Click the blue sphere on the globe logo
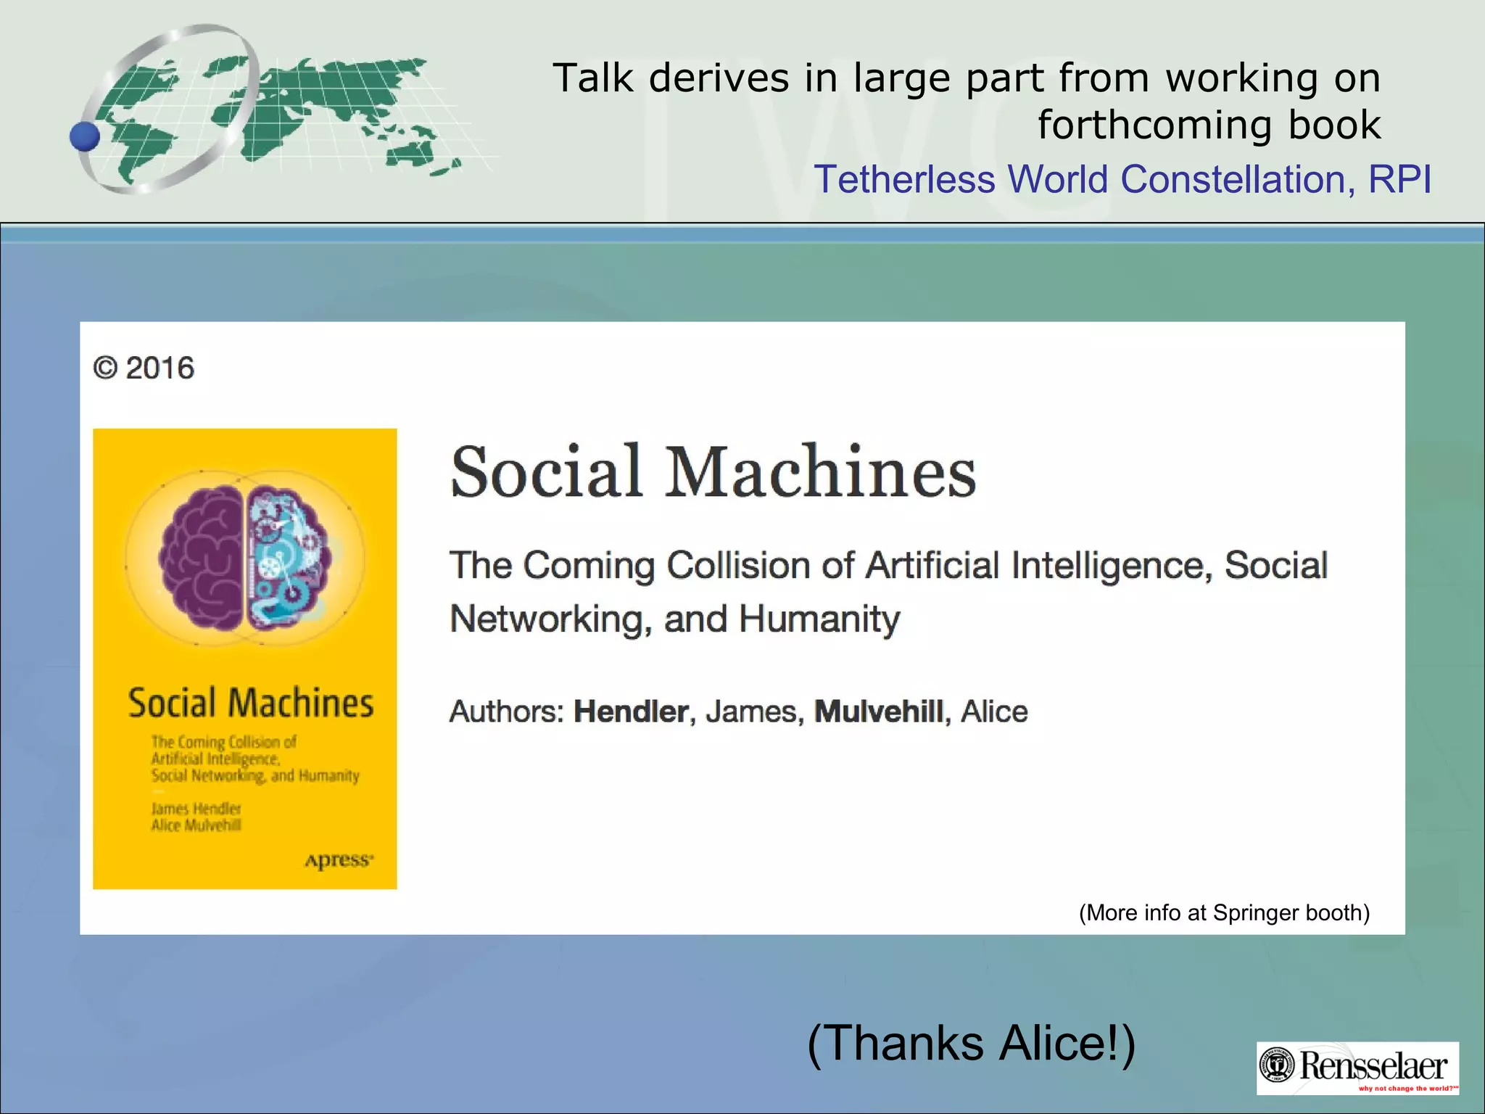(x=85, y=136)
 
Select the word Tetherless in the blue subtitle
(x=904, y=179)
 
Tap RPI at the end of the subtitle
(x=1399, y=179)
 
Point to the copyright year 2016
(x=160, y=368)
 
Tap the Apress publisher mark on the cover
(x=339, y=860)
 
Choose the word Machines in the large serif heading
(x=822, y=473)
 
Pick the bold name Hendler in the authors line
(x=631, y=711)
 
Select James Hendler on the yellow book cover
(x=196, y=809)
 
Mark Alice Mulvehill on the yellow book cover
(x=196, y=825)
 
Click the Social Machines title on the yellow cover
(x=251, y=704)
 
